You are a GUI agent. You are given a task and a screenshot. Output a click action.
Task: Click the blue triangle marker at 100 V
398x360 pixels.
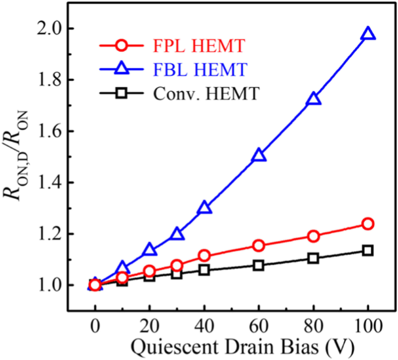tap(368, 34)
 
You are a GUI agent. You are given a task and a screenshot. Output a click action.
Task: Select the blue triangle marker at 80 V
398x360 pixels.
tap(314, 99)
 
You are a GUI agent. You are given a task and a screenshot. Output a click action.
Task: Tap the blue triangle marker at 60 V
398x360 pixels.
tap(259, 155)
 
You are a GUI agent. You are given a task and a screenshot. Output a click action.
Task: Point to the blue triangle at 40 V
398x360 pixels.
tap(205, 208)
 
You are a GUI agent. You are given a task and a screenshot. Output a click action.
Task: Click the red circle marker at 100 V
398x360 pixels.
tap(368, 224)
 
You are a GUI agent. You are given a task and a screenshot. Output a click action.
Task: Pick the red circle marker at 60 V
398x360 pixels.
tap(259, 245)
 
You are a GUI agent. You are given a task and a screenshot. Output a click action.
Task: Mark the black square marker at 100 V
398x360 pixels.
tap(368, 250)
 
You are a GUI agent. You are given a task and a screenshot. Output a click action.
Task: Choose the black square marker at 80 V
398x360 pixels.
tap(314, 258)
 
